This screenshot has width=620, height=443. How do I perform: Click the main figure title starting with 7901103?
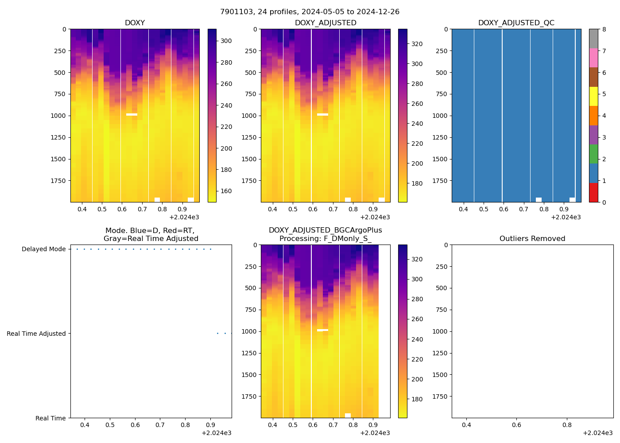(310, 12)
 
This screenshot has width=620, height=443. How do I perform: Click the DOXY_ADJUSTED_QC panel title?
(516, 23)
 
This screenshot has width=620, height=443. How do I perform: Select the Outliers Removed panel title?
(532, 239)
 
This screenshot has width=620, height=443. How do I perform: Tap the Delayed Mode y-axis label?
(43, 249)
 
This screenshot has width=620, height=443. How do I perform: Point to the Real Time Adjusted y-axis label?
(36, 334)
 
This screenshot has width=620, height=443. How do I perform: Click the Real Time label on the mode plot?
(50, 418)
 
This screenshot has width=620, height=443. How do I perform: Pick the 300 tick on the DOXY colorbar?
(226, 41)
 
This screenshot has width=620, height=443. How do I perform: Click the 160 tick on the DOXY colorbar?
(226, 191)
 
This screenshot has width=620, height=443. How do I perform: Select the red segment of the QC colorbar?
(593, 193)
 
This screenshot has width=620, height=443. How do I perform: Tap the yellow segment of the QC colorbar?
(593, 96)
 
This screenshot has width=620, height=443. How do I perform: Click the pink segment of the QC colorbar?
(593, 58)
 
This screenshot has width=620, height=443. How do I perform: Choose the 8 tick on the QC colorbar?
(604, 29)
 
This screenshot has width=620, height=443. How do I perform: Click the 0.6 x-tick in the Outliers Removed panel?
(517, 425)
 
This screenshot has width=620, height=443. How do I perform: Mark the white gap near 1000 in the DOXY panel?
(132, 114)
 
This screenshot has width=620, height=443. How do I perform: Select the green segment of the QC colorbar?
(593, 154)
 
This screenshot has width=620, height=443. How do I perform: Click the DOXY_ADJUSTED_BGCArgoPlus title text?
(325, 230)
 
